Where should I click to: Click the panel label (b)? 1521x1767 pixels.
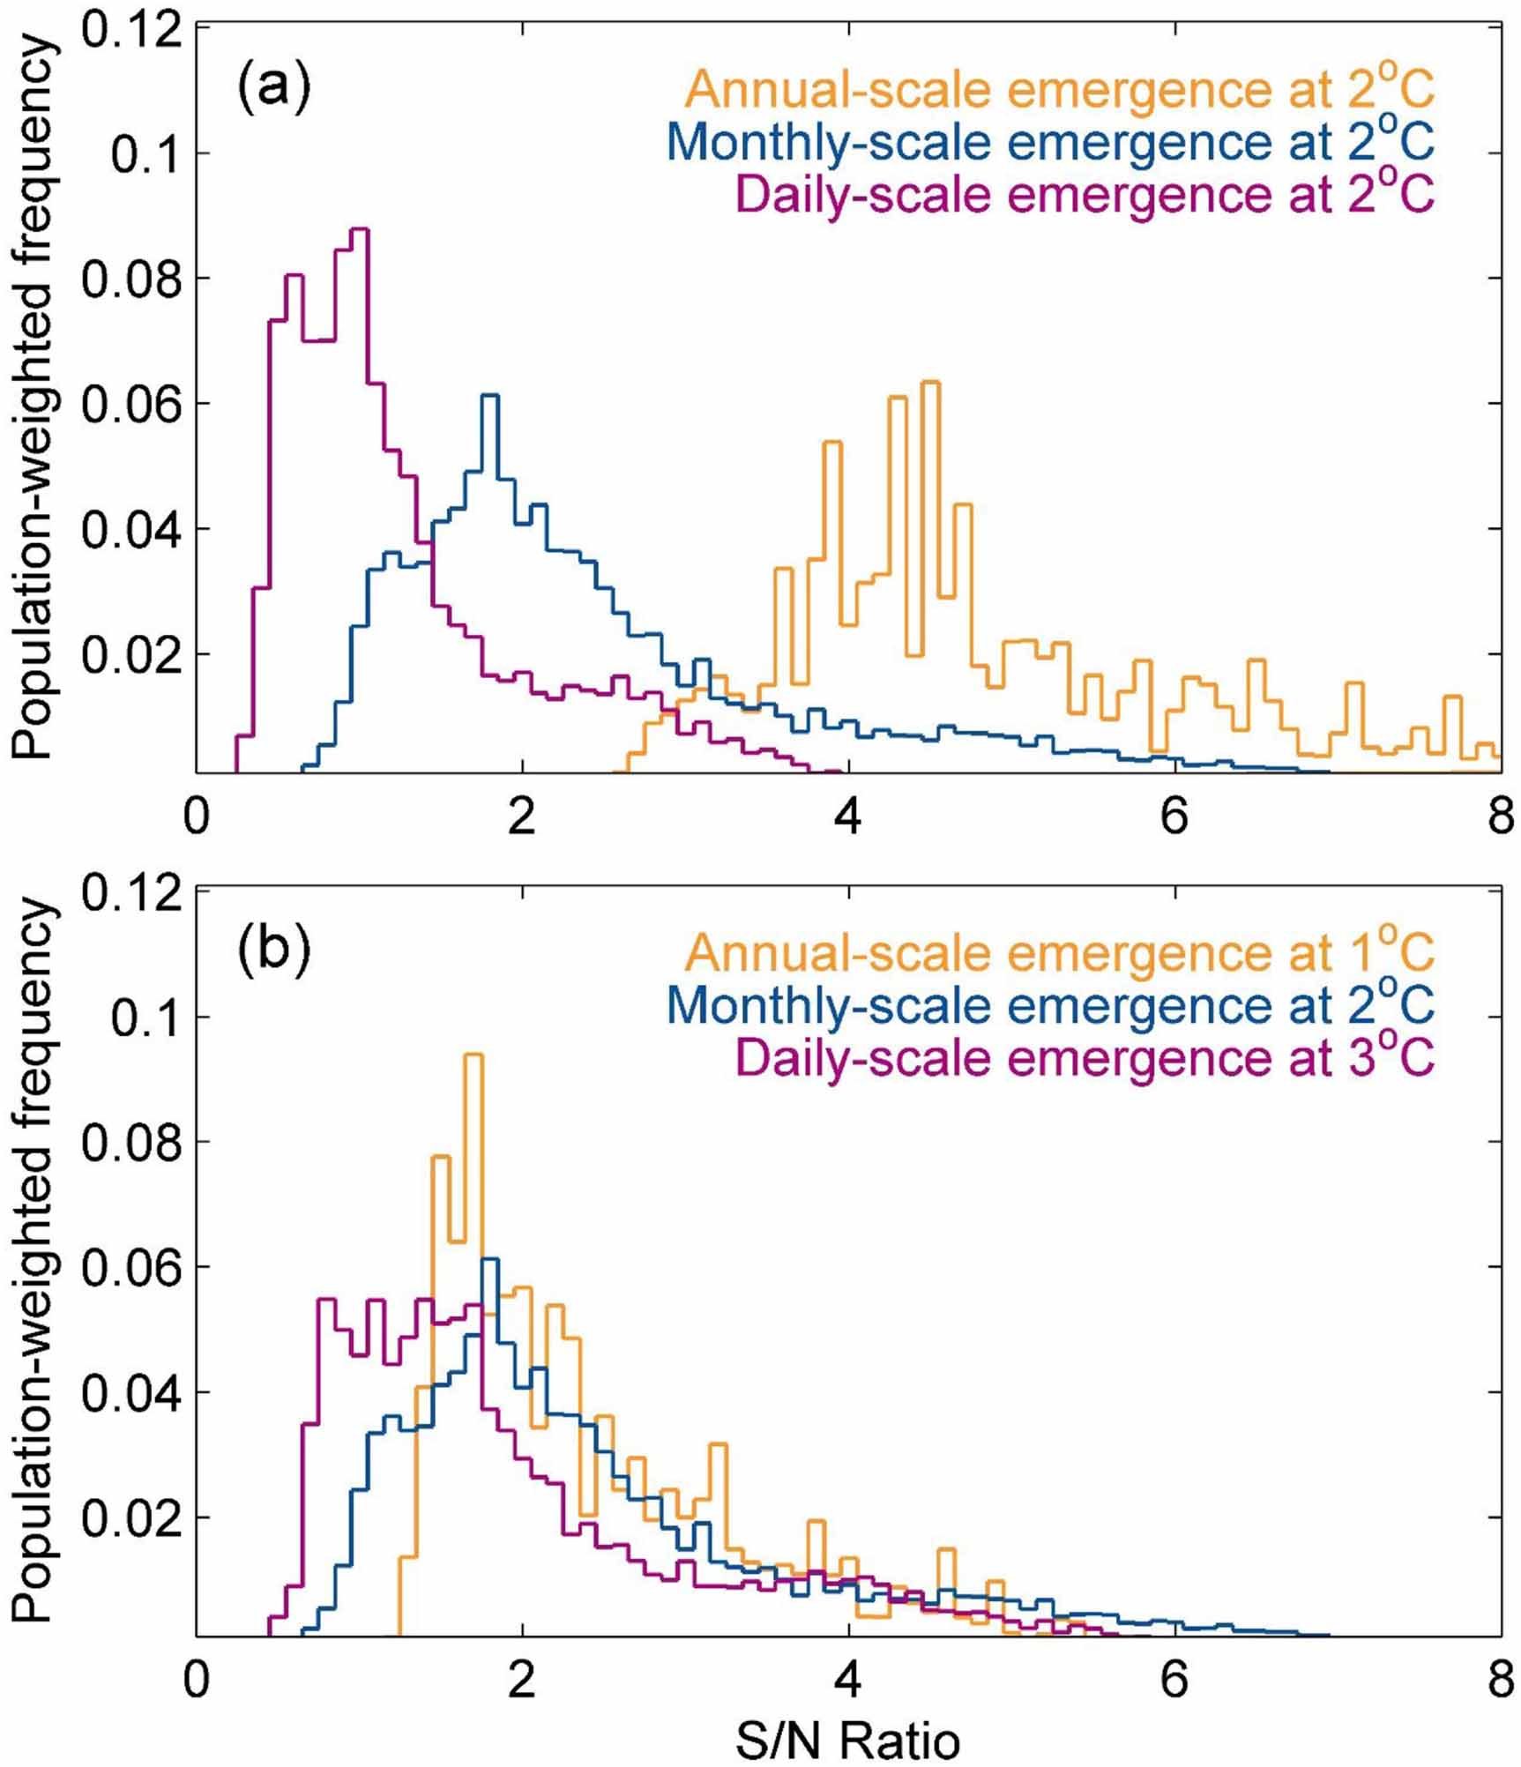point(273,952)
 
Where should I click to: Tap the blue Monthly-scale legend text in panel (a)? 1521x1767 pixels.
point(1050,141)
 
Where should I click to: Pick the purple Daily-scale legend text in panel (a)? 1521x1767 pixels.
point(1085,194)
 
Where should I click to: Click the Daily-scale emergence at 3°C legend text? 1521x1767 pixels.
point(1085,1057)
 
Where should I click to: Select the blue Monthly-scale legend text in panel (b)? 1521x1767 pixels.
point(1050,1004)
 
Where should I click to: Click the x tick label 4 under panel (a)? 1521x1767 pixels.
point(847,817)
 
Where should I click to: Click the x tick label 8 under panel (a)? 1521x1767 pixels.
point(1498,817)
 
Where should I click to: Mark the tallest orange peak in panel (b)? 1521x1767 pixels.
point(474,1055)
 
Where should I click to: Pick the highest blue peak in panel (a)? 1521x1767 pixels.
point(490,395)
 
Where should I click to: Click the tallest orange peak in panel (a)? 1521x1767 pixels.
point(931,382)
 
